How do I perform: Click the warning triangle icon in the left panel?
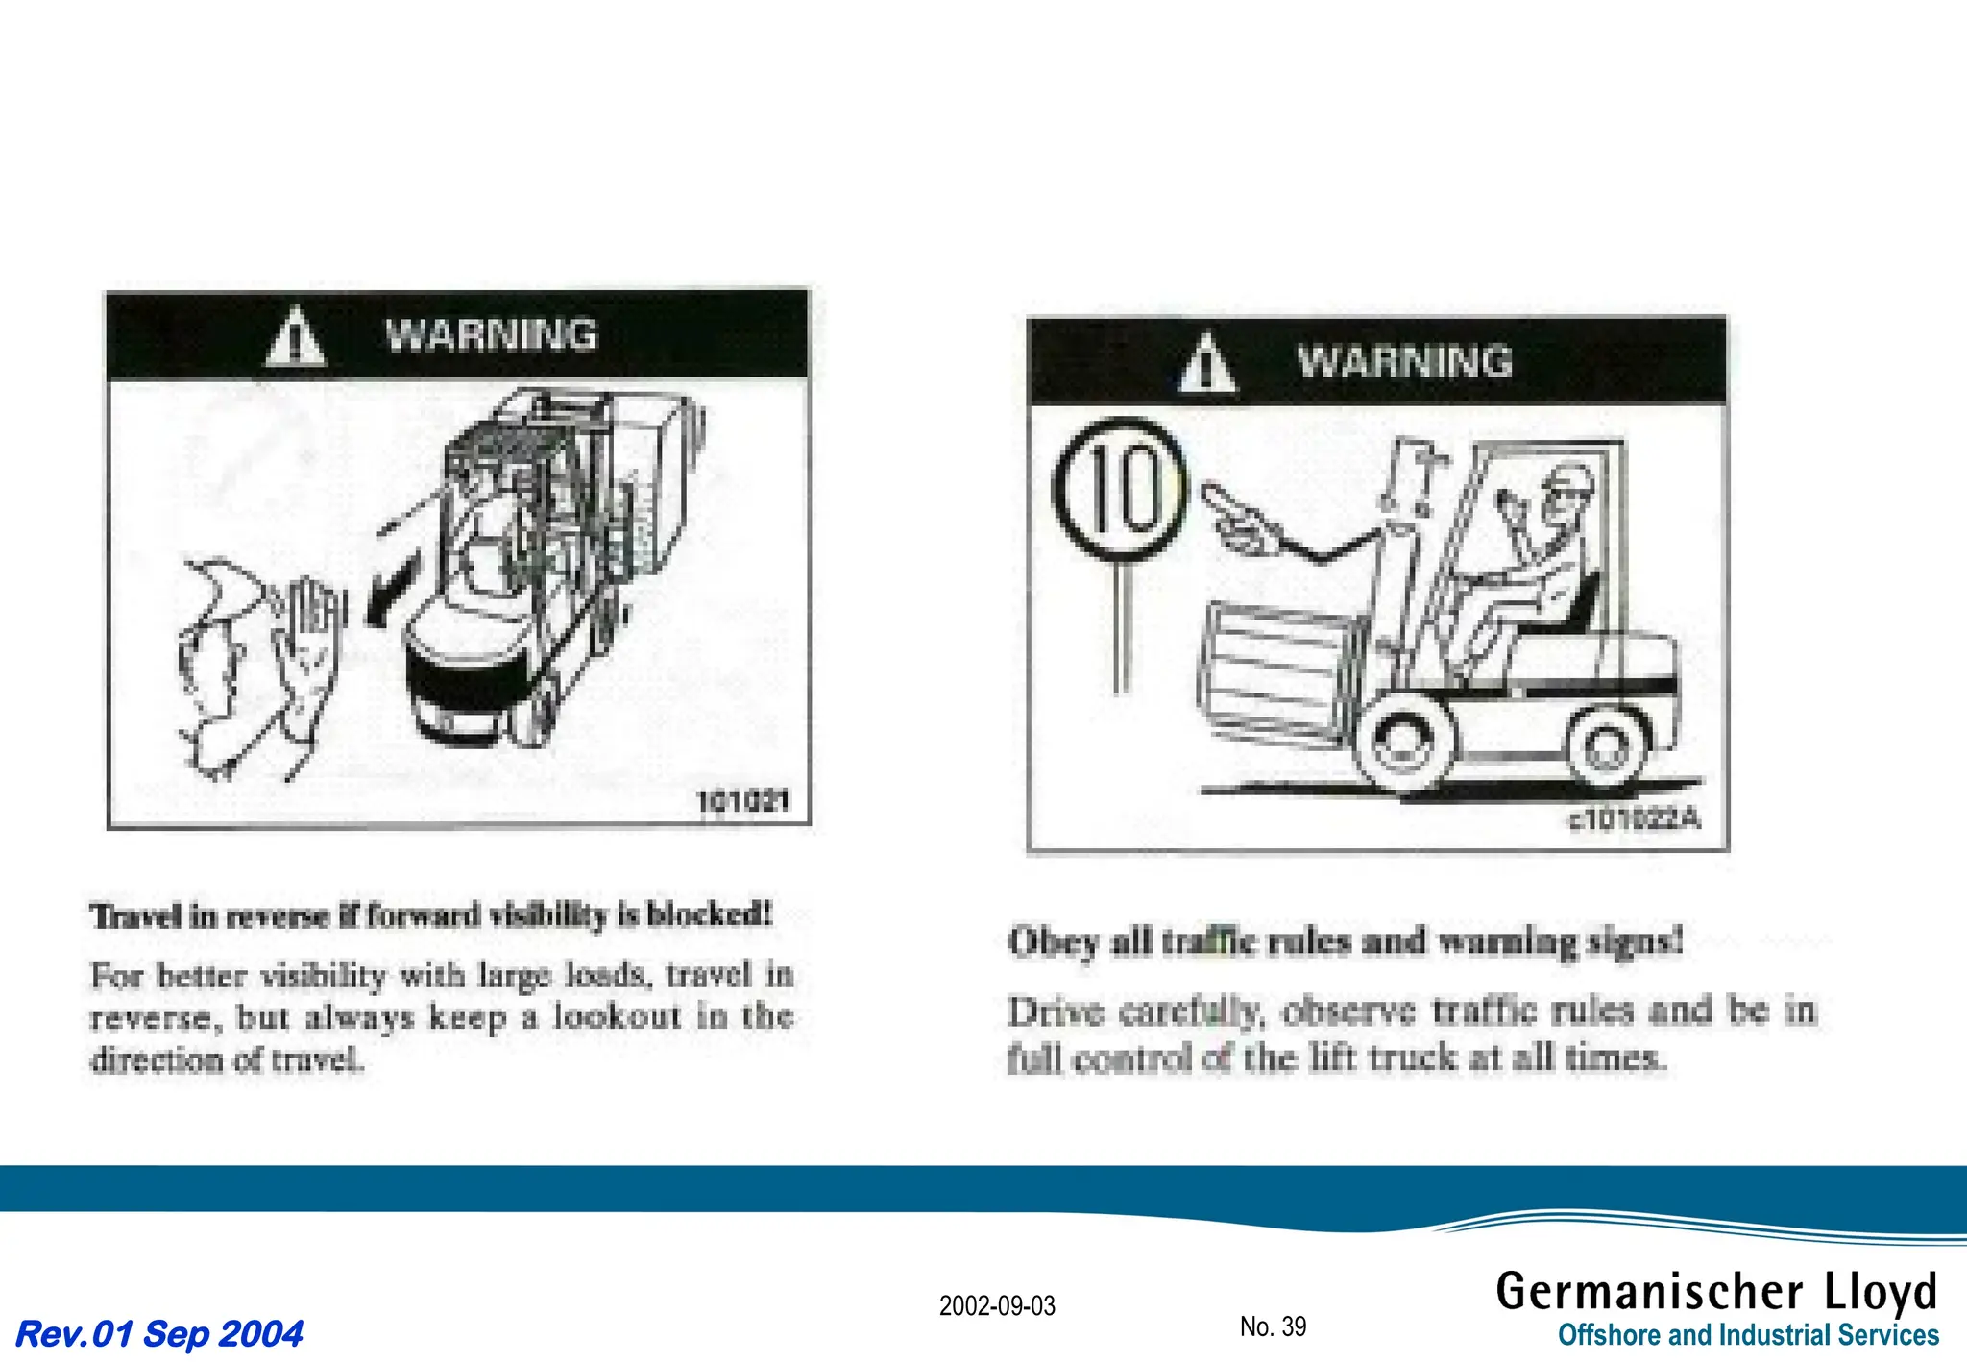pos(296,338)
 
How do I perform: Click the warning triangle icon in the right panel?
pos(1207,365)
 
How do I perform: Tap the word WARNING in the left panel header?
pos(491,335)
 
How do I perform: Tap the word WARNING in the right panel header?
pos(1404,362)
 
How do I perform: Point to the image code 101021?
pos(742,800)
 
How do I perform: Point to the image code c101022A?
pos(1633,818)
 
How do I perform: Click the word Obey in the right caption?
pos(1053,941)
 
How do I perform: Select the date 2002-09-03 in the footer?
pos(997,1305)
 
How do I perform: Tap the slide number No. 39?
pos(1273,1326)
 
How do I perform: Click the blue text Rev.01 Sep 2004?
pos(159,1333)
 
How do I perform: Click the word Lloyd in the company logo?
pos(1881,1291)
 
